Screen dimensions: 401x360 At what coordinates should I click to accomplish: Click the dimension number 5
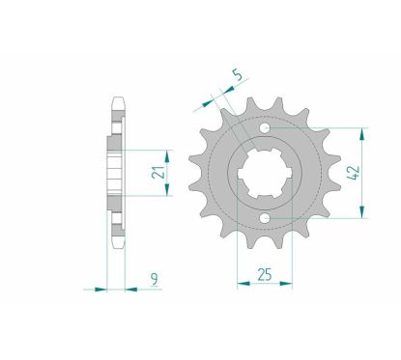coord(237,75)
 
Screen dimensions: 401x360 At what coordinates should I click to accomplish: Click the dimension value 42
coord(354,173)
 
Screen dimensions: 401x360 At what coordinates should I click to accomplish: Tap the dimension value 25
coord(265,274)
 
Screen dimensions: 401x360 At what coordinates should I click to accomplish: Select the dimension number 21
coord(158,173)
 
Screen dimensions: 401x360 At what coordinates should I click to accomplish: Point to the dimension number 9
coord(155,279)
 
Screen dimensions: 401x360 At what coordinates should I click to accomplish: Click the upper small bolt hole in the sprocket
coord(265,128)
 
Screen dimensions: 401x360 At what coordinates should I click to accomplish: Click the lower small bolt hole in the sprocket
coord(265,218)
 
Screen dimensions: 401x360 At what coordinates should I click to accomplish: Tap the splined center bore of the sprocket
coord(265,174)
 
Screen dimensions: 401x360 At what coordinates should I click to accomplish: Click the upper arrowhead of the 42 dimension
coord(362,134)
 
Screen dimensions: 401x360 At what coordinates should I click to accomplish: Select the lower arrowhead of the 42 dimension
coord(362,212)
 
